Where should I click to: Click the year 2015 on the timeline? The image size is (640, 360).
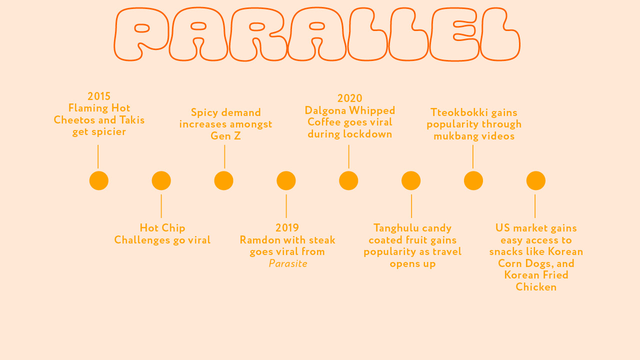99,96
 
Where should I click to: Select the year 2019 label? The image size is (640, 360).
287,227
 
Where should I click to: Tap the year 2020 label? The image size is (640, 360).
349,98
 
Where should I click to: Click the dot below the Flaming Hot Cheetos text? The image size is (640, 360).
99,180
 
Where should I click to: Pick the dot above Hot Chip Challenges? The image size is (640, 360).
161,180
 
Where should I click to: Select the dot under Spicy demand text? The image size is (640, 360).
223,180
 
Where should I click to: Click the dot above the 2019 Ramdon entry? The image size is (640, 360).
286,180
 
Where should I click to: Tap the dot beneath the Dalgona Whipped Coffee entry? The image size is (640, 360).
348,180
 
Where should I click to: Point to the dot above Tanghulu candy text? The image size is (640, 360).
411,180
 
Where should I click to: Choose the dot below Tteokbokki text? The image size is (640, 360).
473,180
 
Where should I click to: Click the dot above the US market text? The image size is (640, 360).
536,180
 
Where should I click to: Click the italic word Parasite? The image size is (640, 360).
288,263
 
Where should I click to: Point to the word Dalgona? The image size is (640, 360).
325,110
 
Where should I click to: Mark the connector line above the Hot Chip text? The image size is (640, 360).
161,206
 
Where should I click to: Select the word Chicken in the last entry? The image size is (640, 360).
536,287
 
